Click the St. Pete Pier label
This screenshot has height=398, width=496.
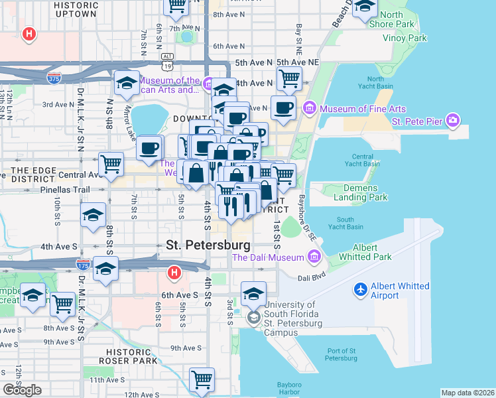click(x=417, y=121)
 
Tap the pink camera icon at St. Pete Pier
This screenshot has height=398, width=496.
click(x=453, y=121)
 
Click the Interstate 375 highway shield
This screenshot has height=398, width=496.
click(x=55, y=78)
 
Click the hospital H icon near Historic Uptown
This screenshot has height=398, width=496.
click(x=29, y=34)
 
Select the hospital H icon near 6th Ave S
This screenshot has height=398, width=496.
click(x=174, y=272)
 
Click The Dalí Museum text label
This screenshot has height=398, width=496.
click(x=268, y=257)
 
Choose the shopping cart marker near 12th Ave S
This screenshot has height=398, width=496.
click(x=202, y=380)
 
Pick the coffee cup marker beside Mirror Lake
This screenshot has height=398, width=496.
click(x=150, y=148)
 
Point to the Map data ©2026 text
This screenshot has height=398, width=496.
click(x=467, y=393)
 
